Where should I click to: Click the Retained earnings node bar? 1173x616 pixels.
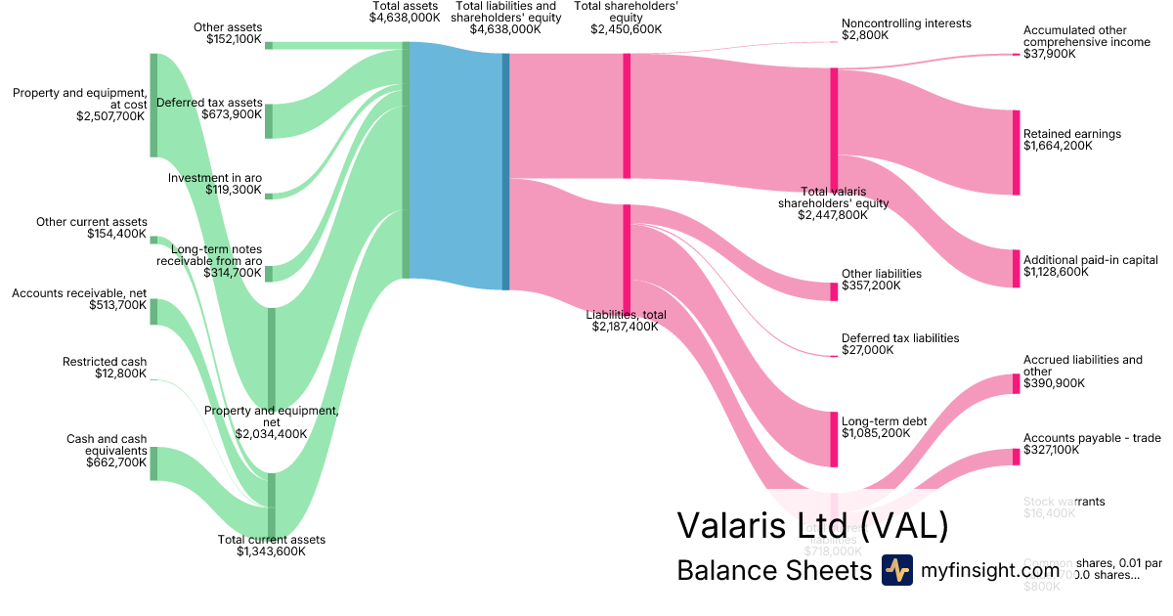pyautogui.click(x=1016, y=153)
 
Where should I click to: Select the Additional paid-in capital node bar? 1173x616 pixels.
pyautogui.click(x=1016, y=269)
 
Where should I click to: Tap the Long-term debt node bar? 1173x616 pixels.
pyautogui.click(x=834, y=439)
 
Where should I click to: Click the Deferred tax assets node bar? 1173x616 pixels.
pyautogui.click(x=269, y=121)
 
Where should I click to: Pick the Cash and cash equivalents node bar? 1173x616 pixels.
pyautogui.click(x=153, y=462)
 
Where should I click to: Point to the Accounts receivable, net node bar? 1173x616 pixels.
pyautogui.click(x=153, y=312)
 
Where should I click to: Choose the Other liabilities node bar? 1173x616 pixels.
pyautogui.click(x=834, y=291)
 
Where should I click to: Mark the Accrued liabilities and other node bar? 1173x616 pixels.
pyautogui.click(x=1016, y=383)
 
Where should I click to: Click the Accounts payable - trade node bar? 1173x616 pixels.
pyautogui.click(x=1016, y=457)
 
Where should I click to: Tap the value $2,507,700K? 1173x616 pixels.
pyautogui.click(x=110, y=115)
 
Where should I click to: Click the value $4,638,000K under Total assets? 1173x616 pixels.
pyautogui.click(x=405, y=18)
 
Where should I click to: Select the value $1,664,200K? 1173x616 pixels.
pyautogui.click(x=1058, y=146)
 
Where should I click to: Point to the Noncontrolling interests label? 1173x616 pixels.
pyautogui.click(x=906, y=23)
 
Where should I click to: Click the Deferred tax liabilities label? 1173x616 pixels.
pyautogui.click(x=900, y=338)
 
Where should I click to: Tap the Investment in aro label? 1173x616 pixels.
pyautogui.click(x=214, y=178)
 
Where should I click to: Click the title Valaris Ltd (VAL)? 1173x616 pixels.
pyautogui.click(x=812, y=526)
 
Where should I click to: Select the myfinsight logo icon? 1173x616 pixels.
pyautogui.click(x=896, y=570)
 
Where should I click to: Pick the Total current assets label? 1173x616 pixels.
pyautogui.click(x=271, y=540)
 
